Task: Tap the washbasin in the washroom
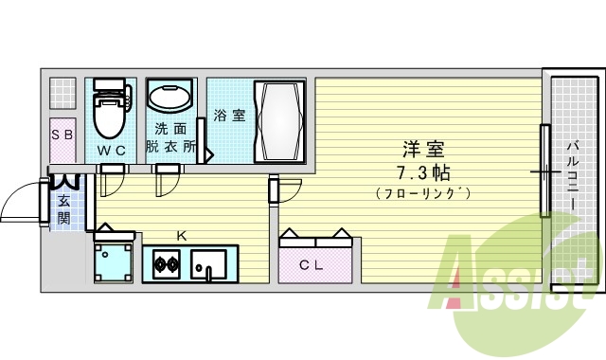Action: (171, 98)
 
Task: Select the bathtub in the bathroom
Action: (279, 122)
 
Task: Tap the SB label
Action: (62, 135)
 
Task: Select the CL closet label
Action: (312, 265)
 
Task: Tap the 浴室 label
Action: (229, 116)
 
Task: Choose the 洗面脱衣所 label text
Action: (171, 137)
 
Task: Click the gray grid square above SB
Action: (62, 93)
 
